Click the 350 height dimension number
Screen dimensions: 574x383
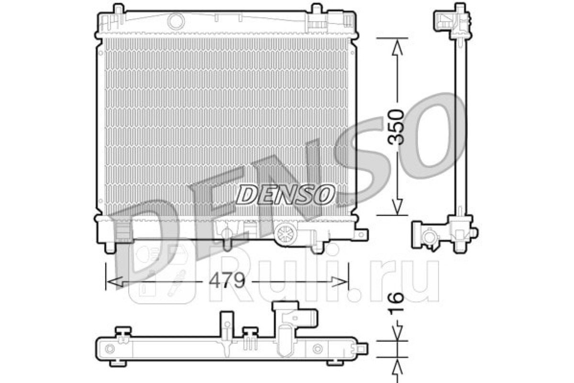click(x=396, y=127)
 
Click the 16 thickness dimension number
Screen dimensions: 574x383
click(x=396, y=304)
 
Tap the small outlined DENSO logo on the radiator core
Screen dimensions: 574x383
click(x=286, y=195)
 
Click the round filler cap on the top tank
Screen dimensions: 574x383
click(x=177, y=21)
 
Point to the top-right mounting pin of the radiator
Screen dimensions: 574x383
click(x=317, y=9)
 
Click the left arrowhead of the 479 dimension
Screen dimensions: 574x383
click(x=115, y=282)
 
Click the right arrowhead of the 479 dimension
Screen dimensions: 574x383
click(x=340, y=282)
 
